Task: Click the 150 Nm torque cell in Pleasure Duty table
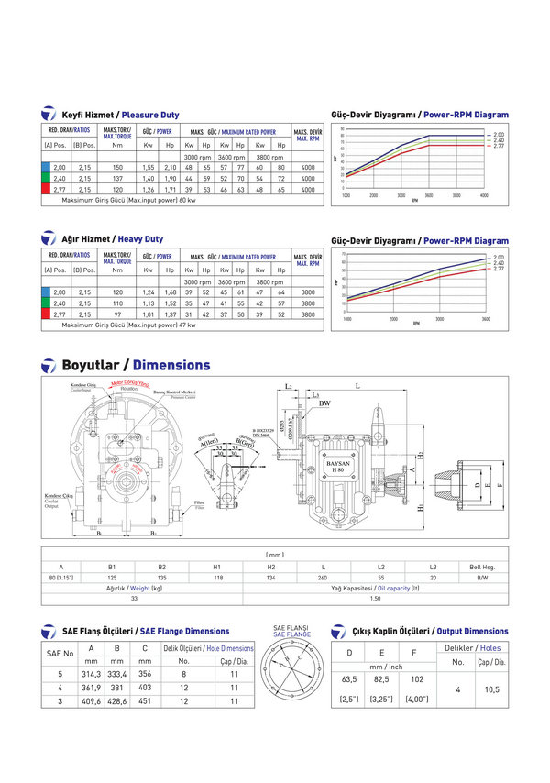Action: coord(117,168)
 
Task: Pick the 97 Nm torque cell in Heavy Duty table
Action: coord(117,314)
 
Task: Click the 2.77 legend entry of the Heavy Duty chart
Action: coord(499,269)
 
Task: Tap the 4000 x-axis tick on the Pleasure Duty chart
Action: coord(484,195)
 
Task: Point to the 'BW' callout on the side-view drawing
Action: coord(324,403)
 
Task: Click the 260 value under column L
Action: coord(324,579)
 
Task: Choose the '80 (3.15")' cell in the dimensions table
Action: coord(61,579)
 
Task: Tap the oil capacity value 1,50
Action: coord(375,598)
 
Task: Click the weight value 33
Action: coord(136,598)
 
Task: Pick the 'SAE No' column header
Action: coord(60,653)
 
